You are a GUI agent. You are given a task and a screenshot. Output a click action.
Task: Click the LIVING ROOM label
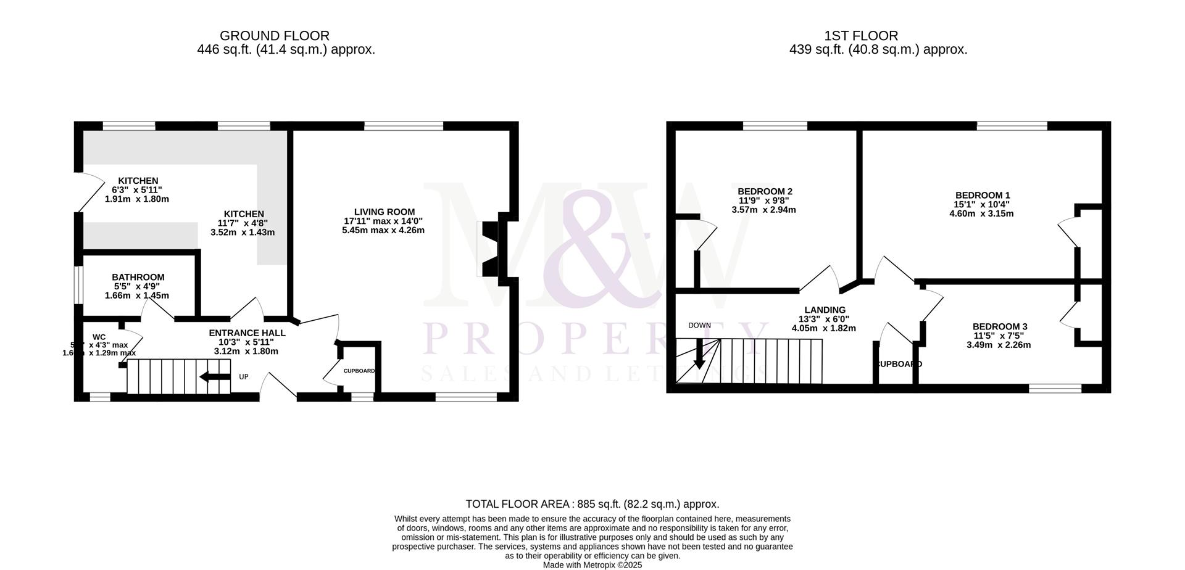[x=384, y=212]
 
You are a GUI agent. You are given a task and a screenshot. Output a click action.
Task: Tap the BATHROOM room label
[x=138, y=278]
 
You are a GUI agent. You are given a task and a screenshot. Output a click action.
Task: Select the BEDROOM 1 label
[x=982, y=196]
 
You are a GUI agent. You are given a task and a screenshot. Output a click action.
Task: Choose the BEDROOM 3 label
[x=999, y=326]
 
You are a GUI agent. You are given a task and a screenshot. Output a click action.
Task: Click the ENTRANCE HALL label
[x=247, y=332]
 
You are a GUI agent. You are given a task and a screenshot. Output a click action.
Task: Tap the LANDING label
[x=825, y=310]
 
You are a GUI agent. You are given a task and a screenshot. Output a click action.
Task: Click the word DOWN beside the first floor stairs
[x=699, y=325]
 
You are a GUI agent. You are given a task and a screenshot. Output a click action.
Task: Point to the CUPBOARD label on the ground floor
[x=359, y=371]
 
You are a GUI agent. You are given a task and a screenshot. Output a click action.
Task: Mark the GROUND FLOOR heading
[x=274, y=36]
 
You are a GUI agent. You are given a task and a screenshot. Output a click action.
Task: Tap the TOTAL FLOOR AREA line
[x=592, y=504]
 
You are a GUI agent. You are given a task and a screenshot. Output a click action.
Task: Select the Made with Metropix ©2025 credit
[x=592, y=565]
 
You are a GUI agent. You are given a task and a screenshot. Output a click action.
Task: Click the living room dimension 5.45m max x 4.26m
[x=383, y=230]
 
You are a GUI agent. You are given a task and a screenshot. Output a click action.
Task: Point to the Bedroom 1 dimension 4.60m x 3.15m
[x=981, y=214]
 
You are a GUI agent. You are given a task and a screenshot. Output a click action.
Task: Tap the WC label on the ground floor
[x=99, y=337]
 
